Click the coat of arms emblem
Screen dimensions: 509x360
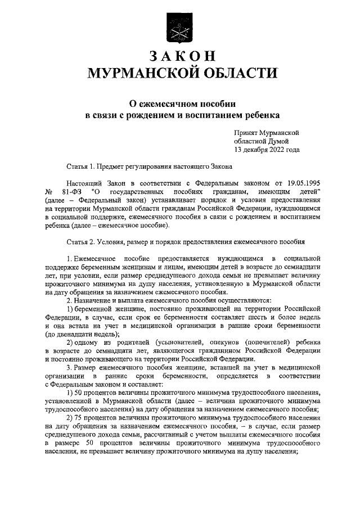(x=179, y=26)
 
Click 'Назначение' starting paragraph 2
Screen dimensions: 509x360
(x=95, y=300)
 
